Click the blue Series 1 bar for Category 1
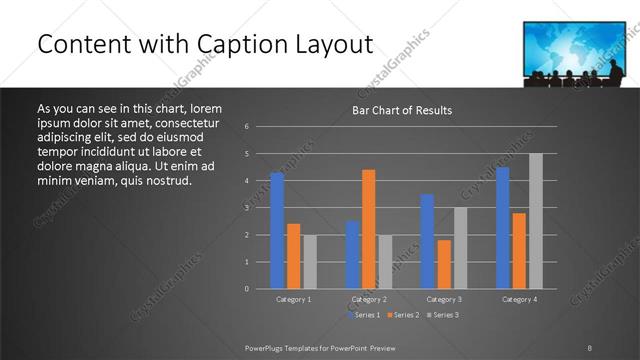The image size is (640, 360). point(277,230)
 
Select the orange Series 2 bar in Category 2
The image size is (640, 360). point(369,229)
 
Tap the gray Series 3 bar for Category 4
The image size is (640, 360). point(536,221)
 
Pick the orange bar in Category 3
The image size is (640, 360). point(444,264)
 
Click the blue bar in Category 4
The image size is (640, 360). point(502,227)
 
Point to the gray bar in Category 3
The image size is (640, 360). point(460,248)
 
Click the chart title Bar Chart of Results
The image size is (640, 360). point(402,110)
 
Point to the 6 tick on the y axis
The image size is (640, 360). point(246,127)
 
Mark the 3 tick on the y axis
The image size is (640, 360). point(246,208)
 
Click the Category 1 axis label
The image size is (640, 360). point(293,299)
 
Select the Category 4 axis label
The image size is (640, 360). point(519,299)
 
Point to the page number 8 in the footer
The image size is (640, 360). point(589,347)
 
